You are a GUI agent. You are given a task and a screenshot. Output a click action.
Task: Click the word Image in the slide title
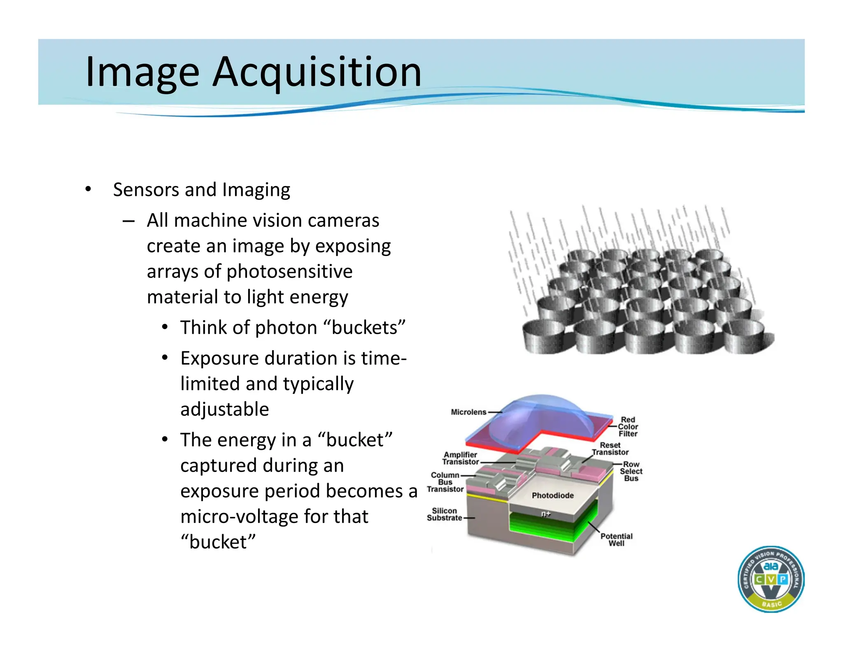pos(142,72)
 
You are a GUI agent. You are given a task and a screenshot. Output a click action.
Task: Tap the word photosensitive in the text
pos(289,272)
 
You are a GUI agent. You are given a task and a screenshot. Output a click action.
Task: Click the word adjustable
pos(224,409)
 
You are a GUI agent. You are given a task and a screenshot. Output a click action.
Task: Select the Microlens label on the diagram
pos(468,412)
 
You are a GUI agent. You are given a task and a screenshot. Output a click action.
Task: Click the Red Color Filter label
pos(628,427)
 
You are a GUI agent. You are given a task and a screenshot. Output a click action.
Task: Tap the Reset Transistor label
pos(610,449)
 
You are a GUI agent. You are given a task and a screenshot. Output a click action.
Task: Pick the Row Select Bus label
pos(631,471)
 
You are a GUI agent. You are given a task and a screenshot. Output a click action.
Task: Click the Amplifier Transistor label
pos(460,458)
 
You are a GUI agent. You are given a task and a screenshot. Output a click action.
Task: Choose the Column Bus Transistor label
pos(445,482)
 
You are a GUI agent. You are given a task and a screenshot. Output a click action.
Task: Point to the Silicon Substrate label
pos(444,514)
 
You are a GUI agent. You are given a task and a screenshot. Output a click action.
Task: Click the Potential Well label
pos(616,539)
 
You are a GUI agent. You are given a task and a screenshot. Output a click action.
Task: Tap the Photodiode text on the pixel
pos(552,495)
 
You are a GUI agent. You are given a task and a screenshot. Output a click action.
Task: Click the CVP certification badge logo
pos(771,579)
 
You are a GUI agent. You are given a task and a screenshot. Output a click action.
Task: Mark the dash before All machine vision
pos(128,221)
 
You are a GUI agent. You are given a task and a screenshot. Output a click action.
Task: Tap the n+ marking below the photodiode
pos(546,514)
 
